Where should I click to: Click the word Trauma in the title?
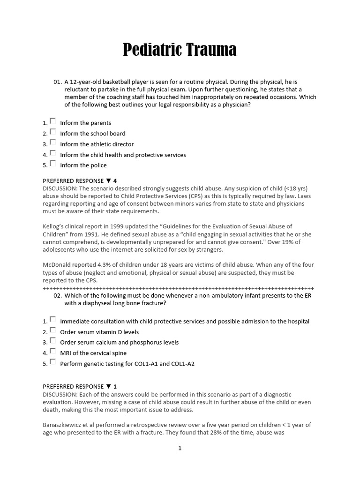point(210,49)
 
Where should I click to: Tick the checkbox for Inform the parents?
point(53,121)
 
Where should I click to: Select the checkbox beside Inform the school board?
point(53,132)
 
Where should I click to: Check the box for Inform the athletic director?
point(53,142)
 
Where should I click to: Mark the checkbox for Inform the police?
point(53,164)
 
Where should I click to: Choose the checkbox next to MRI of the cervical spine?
point(53,352)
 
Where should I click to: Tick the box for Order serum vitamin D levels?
point(53,330)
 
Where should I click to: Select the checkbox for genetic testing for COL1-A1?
point(53,362)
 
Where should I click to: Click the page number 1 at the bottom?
point(180,448)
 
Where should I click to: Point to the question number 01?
point(58,82)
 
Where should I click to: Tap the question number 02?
point(58,296)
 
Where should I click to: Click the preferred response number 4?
point(115,181)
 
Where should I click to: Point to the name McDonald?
point(58,264)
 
